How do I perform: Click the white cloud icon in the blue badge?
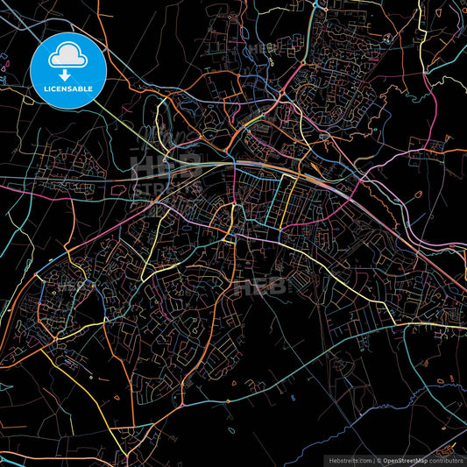68,59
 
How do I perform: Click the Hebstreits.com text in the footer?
348,460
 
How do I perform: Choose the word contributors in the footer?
445,460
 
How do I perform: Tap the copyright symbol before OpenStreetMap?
380,460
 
